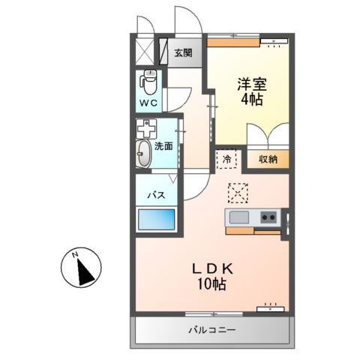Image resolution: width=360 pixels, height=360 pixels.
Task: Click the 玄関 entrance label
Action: [x=182, y=52]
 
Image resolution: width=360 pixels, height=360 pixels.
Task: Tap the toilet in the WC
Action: [x=148, y=79]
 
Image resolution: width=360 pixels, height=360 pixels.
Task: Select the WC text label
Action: [x=147, y=103]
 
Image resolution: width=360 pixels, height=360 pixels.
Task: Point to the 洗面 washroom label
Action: [x=163, y=147]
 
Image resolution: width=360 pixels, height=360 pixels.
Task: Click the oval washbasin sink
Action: [x=143, y=154]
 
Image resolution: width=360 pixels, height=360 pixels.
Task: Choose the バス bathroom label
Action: [x=154, y=195]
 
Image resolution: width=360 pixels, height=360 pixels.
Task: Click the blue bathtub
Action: [x=155, y=221]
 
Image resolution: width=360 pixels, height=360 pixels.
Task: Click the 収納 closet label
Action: [x=268, y=158]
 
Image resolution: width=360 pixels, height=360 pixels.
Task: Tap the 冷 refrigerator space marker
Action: [x=226, y=158]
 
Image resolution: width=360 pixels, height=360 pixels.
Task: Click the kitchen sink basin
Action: [x=239, y=217]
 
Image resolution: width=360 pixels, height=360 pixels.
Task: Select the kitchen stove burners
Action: [x=268, y=217]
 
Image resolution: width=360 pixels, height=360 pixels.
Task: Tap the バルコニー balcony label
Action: [x=211, y=330]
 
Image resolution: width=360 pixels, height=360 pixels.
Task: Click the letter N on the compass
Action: [x=76, y=256]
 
